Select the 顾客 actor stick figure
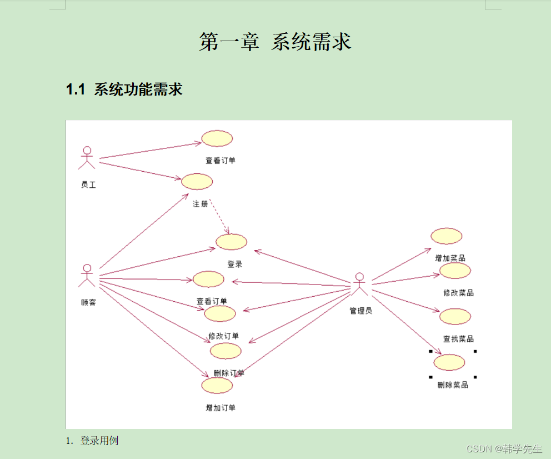[87, 276]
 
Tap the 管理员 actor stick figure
[359, 285]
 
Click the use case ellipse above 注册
[197, 181]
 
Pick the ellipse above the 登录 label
[231, 242]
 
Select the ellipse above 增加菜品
[447, 236]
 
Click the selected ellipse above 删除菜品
[449, 362]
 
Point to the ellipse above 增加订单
[217, 385]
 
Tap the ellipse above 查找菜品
[455, 316]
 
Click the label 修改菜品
[458, 293]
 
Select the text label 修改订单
[223, 336]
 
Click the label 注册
[200, 204]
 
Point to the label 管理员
[360, 311]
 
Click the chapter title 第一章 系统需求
[275, 42]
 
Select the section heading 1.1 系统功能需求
[124, 89]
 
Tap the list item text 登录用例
[99, 441]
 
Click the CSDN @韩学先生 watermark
[504, 448]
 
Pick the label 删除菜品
[453, 385]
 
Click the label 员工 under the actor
[88, 184]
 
